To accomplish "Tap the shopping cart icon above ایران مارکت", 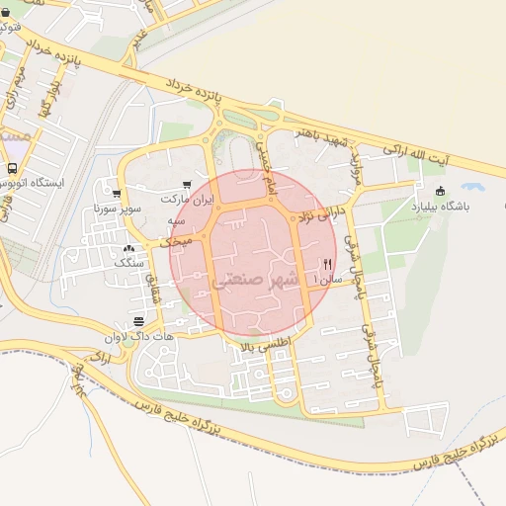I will (x=187, y=185).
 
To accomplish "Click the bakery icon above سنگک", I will (x=129, y=248).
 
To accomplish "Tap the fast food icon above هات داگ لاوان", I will (x=138, y=321).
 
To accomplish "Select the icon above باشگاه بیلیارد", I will (x=440, y=191).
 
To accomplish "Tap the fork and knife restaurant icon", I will (x=327, y=264).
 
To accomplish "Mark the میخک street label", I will (x=176, y=240).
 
